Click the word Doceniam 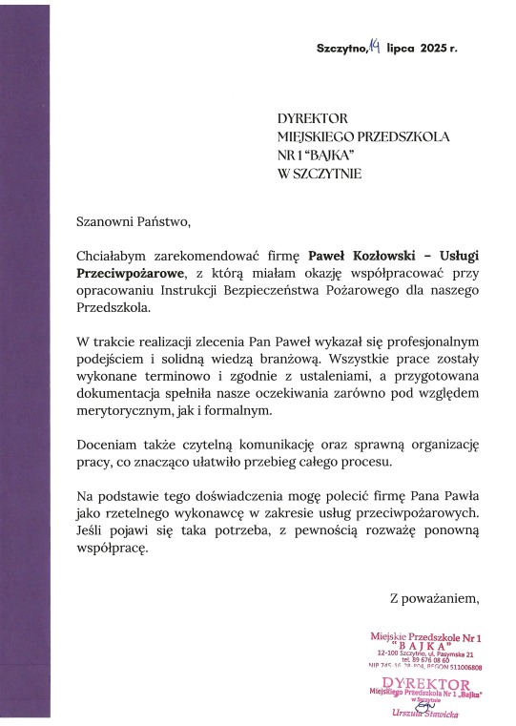[106, 446]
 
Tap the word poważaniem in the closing [444, 599]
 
